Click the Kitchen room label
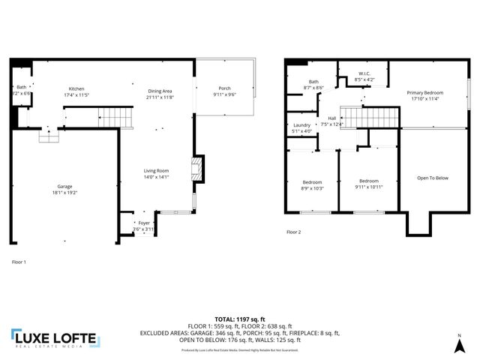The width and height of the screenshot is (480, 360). tap(76, 88)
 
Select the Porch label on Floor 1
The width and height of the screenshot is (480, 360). tap(224, 88)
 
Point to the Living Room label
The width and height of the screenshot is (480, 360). tap(157, 171)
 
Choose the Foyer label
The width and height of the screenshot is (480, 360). tap(143, 223)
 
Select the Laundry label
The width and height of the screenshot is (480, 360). tap(302, 124)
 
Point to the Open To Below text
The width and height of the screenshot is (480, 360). tap(433, 178)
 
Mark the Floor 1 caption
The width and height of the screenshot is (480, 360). tap(19, 262)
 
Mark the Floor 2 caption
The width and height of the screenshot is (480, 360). tap(293, 232)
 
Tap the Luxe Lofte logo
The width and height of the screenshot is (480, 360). tap(54, 340)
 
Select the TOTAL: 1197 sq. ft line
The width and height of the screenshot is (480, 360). tap(239, 318)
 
